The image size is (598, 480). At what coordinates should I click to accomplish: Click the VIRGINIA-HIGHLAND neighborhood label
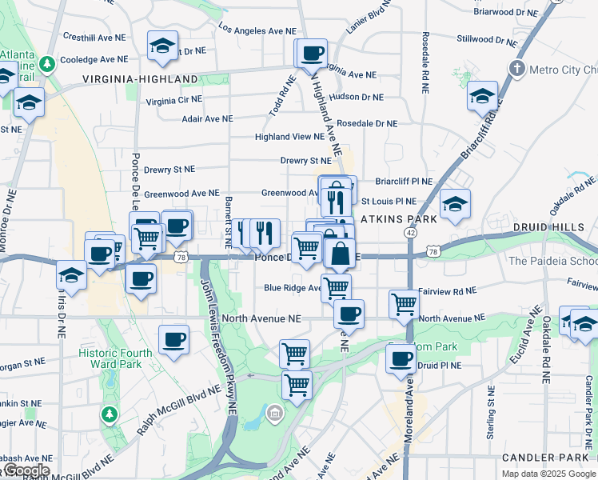140,79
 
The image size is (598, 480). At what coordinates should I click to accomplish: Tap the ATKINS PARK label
397,218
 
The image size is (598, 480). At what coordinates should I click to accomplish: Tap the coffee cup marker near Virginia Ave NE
311,54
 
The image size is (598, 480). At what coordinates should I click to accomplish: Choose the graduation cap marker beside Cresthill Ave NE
162,46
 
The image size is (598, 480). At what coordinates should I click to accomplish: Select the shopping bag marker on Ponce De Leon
340,254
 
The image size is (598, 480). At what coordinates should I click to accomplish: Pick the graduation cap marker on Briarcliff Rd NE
483,97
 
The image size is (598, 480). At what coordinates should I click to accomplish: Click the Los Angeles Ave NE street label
257,30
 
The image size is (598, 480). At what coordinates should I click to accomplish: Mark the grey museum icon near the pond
274,413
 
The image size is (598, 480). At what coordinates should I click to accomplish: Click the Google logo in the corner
26,470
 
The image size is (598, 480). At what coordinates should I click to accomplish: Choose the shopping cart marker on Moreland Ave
405,304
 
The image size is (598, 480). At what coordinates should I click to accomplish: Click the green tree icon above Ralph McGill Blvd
108,414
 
